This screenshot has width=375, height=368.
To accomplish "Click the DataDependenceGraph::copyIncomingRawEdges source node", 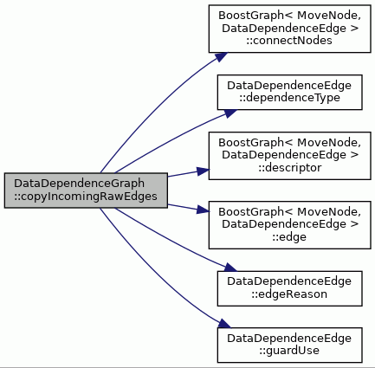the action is [86, 190].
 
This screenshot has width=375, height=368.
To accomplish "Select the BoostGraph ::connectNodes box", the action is [289, 29].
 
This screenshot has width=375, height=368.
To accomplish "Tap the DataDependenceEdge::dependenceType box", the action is [289, 93].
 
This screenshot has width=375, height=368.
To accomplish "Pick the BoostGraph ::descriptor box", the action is [289, 156].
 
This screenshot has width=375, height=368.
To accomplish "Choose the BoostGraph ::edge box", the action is [289, 225].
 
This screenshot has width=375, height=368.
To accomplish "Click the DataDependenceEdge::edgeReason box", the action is [289, 288].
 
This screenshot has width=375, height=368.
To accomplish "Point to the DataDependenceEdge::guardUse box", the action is [289, 345].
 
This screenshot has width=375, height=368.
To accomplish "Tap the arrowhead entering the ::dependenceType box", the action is [230, 113].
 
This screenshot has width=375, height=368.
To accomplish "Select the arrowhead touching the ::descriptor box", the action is [203, 171].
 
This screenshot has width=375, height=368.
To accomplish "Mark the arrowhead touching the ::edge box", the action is [203, 210].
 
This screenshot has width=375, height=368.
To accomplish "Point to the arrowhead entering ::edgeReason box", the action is [230, 268].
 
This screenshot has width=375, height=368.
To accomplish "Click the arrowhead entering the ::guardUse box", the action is [224, 324].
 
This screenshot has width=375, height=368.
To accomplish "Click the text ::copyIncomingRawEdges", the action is [86, 197].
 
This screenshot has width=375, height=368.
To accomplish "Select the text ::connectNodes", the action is [289, 41].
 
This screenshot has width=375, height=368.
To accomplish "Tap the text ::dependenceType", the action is [289, 98].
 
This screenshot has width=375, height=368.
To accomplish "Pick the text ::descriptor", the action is [289, 168].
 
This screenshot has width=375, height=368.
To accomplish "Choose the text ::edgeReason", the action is [289, 294].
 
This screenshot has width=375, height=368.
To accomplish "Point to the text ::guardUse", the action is [289, 351].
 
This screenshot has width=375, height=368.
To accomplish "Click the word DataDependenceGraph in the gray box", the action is [79, 184].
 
